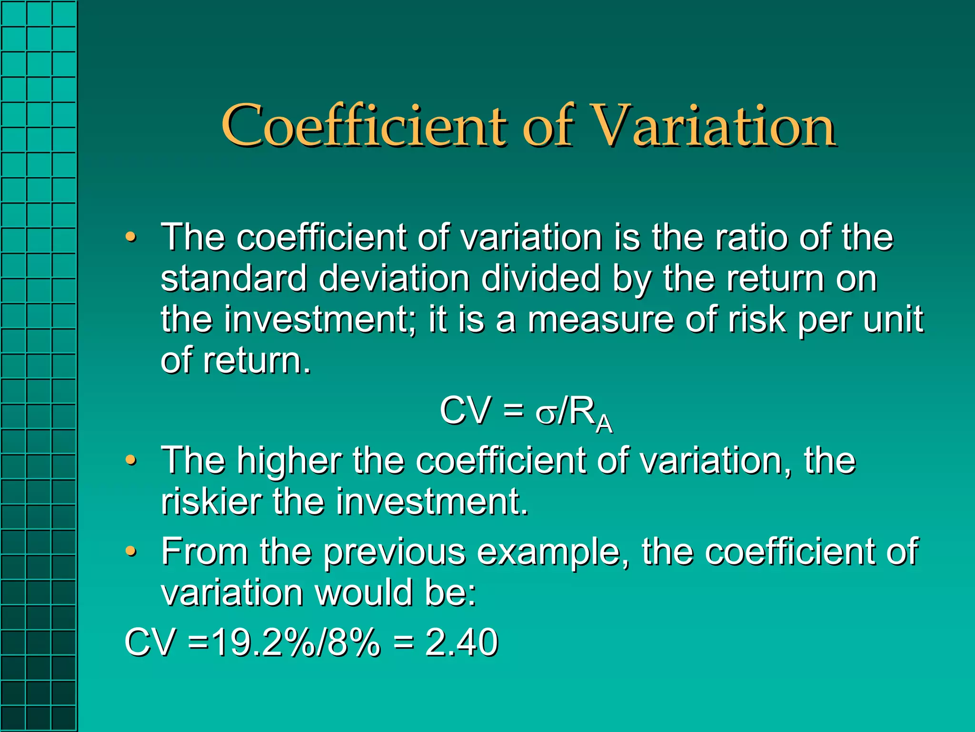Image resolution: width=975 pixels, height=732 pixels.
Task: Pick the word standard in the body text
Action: point(234,278)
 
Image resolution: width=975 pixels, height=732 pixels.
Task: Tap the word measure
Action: point(601,320)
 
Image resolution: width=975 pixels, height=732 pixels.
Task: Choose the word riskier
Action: point(211,502)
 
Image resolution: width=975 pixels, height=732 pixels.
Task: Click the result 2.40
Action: point(461,642)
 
